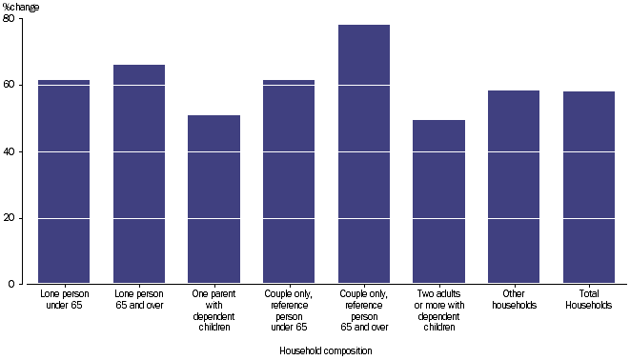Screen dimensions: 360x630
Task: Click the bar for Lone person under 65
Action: point(64,181)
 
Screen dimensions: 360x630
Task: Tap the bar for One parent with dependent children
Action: point(213,199)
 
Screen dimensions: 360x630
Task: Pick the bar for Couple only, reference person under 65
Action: point(289,181)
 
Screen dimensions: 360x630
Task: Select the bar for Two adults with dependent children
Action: point(438,202)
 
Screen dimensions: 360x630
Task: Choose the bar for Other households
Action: point(514,187)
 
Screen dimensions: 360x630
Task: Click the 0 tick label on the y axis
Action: point(11,284)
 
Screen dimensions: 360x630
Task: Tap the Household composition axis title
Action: point(326,350)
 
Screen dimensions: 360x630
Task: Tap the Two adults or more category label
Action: point(438,310)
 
